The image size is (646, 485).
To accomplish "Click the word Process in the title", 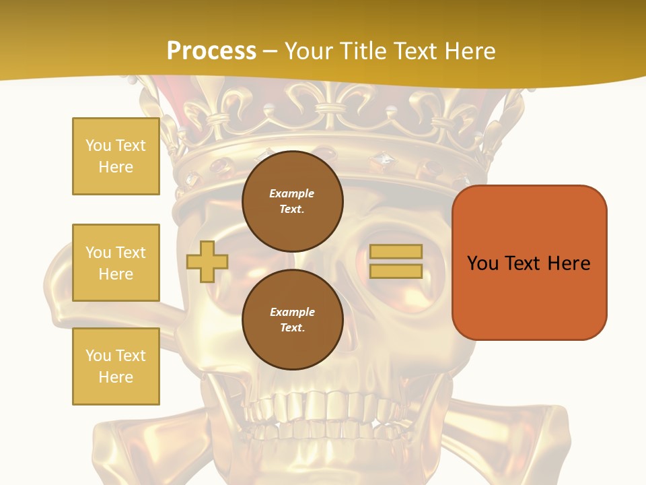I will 211,51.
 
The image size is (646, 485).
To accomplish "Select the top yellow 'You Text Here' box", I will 116,156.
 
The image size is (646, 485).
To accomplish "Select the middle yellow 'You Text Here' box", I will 116,263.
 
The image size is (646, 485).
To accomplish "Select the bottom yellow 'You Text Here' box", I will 116,366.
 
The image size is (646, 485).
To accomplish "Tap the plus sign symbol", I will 207,261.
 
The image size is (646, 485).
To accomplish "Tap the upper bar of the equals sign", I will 396,252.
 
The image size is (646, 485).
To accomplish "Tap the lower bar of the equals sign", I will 396,271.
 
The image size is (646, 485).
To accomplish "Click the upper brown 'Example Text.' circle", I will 292,201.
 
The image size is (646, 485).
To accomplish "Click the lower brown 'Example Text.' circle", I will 292,319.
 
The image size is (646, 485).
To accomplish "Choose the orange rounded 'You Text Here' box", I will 529,263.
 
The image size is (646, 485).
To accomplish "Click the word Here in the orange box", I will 569,263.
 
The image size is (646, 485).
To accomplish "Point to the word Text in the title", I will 418,51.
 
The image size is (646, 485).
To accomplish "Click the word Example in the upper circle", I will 292,193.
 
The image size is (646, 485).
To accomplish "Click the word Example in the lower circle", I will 292,312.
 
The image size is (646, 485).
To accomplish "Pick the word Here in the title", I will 470,51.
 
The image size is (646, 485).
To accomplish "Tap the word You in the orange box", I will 482,263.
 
